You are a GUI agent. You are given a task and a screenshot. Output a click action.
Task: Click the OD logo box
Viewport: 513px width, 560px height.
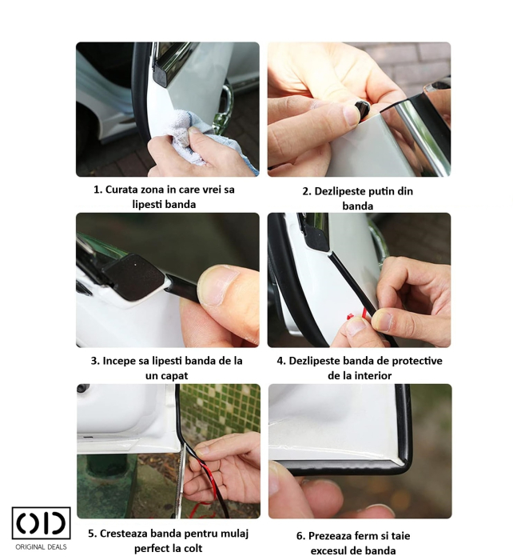tap(42, 522)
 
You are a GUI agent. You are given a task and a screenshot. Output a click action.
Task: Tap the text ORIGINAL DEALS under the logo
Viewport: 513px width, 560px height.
tap(41, 546)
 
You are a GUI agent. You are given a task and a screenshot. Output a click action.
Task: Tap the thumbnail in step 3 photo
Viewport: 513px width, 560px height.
tap(219, 286)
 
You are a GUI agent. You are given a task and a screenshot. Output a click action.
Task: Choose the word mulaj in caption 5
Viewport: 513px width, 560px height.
tap(234, 534)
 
